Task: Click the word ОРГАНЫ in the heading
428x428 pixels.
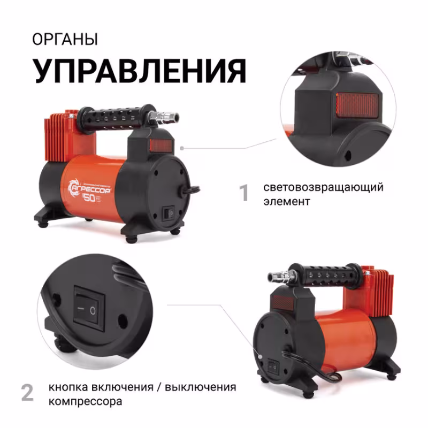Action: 65,40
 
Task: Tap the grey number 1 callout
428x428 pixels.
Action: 244,193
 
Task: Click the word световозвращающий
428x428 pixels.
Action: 323,188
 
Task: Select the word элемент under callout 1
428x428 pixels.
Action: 287,202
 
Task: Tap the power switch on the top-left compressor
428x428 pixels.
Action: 168,212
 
